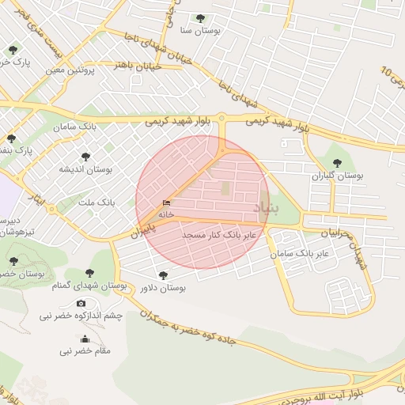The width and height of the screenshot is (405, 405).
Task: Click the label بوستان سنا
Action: pos(199,30)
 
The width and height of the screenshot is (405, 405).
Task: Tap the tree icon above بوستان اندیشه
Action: pos(85,157)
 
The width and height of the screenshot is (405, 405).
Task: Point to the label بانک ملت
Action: pos(97,202)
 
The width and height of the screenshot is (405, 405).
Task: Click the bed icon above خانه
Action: pos(166,203)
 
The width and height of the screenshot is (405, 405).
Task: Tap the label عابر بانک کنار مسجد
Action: pos(221,235)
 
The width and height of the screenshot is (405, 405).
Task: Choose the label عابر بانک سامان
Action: pos(298,255)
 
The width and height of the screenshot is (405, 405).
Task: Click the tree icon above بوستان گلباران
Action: pos(337,163)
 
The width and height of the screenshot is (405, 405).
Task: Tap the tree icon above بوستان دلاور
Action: pos(162,275)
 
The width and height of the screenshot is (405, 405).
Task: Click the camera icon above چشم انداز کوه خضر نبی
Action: pos(81,304)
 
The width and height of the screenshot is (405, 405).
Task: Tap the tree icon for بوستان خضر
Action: pos(13,260)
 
